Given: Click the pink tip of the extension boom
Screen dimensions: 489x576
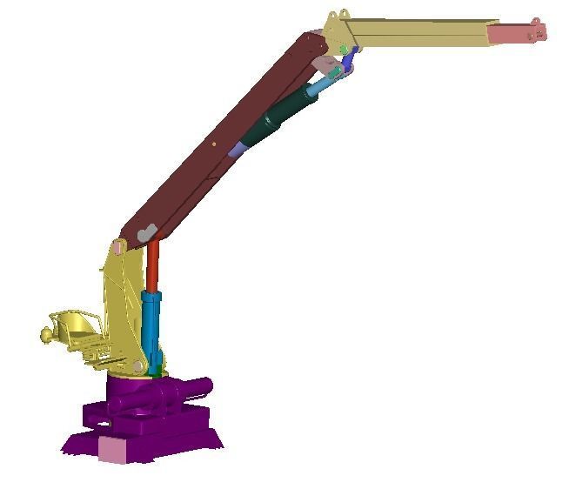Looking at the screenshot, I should tap(513, 33).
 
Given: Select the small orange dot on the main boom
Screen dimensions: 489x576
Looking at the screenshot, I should tap(214, 143).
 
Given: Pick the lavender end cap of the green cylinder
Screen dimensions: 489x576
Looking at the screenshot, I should tap(236, 150).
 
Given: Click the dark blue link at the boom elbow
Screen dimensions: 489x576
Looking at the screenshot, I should tap(350, 58).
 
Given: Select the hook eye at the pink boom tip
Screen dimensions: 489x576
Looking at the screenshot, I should tap(542, 33).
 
